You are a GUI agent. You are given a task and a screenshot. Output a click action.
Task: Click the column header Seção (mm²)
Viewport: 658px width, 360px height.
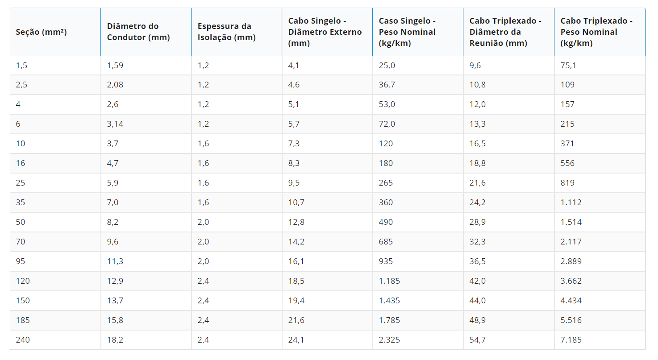(x=41, y=32)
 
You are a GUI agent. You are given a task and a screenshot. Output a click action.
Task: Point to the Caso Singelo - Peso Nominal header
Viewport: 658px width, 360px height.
(x=407, y=32)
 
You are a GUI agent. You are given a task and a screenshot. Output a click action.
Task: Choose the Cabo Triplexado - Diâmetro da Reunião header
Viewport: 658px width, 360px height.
(x=505, y=32)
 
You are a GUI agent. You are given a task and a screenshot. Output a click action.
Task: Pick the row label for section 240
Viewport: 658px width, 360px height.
(x=22, y=340)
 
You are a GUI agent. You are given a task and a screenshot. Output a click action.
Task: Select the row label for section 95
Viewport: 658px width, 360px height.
(x=21, y=261)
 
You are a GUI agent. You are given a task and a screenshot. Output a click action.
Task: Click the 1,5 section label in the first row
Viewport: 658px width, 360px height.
(x=21, y=66)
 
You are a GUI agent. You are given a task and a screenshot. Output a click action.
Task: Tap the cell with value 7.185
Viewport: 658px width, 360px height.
(x=571, y=340)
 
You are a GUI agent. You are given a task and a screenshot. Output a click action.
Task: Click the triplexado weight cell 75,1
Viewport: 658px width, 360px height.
(x=568, y=66)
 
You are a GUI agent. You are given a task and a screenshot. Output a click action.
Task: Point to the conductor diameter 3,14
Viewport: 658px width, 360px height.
(x=115, y=124)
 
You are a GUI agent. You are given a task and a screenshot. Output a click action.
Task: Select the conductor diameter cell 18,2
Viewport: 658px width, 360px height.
(x=115, y=340)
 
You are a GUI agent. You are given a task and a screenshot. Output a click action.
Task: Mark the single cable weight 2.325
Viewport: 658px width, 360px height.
(x=389, y=340)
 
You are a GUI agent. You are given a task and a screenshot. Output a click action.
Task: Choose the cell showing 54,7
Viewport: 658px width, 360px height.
(x=478, y=340)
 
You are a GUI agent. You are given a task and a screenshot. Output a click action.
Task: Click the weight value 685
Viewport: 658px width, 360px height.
(x=386, y=242)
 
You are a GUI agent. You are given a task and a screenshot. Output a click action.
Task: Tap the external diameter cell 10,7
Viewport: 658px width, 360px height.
(x=296, y=203)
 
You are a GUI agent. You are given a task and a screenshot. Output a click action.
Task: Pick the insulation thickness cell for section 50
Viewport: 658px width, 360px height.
(x=203, y=222)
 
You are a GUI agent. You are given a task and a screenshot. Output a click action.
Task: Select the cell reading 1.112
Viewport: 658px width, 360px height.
(x=571, y=203)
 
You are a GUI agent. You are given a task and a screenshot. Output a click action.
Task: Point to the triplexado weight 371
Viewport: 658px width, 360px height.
(x=567, y=144)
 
